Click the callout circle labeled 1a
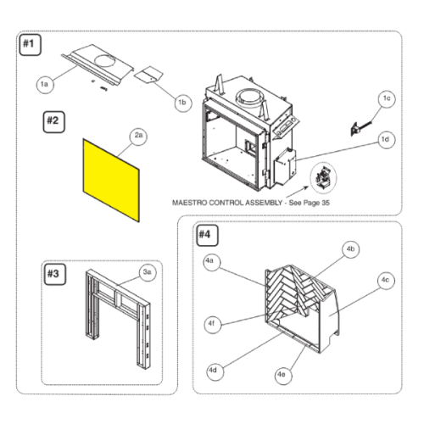[45, 85]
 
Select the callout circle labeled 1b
[183, 103]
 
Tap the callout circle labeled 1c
[387, 98]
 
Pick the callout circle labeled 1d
[386, 140]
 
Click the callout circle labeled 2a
[138, 136]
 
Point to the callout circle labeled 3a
[148, 273]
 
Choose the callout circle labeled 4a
[212, 262]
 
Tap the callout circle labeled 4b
[351, 249]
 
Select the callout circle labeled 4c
[386, 281]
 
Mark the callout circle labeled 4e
[283, 375]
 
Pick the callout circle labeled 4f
[213, 325]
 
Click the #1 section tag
[31, 45]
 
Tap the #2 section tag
[53, 122]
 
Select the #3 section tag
[55, 274]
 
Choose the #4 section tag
[207, 235]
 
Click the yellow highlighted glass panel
[111, 180]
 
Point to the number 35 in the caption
[326, 203]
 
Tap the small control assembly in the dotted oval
[323, 178]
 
